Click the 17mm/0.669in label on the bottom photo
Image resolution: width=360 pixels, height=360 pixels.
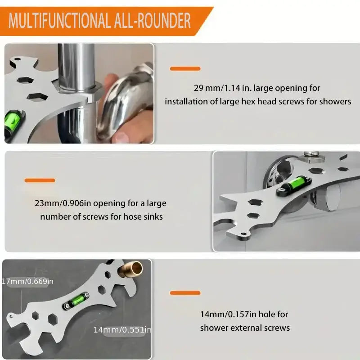point(28,281)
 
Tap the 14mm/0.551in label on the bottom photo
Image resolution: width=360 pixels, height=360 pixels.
point(121,329)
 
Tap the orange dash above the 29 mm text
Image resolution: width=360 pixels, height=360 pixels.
point(185,69)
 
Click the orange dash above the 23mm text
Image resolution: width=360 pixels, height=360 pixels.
point(40,180)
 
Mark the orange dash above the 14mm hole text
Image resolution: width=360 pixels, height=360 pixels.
point(185,293)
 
